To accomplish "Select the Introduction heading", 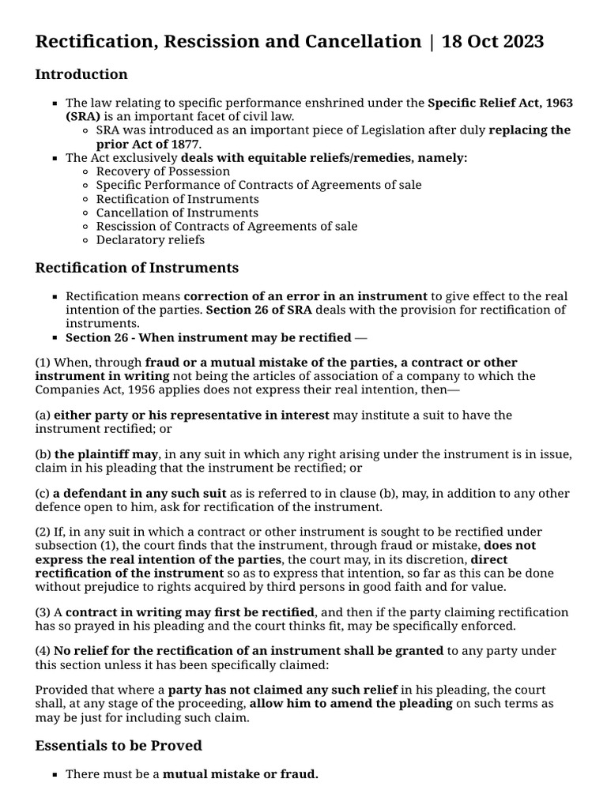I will (x=81, y=74).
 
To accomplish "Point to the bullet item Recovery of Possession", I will (x=163, y=171).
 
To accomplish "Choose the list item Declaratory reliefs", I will (x=150, y=239).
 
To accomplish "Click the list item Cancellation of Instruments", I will (x=177, y=212).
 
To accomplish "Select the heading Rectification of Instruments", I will (x=137, y=268).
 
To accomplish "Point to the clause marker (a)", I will (x=43, y=416).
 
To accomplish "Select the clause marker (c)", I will (x=43, y=493).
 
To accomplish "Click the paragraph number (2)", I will (x=43, y=532).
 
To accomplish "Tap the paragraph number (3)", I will (x=43, y=611).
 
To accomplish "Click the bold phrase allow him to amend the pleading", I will (x=351, y=703).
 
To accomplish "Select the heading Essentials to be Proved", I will (x=119, y=745).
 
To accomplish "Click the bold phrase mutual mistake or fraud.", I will (x=240, y=774).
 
